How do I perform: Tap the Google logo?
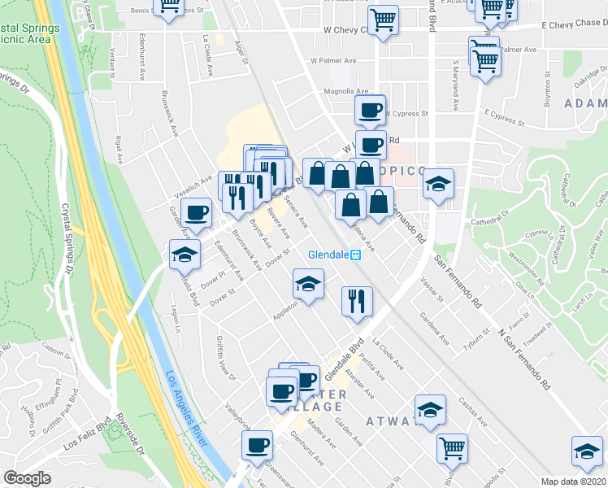coord(28,477)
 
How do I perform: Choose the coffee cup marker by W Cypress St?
coord(371,109)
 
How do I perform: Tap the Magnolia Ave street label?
coord(346,92)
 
